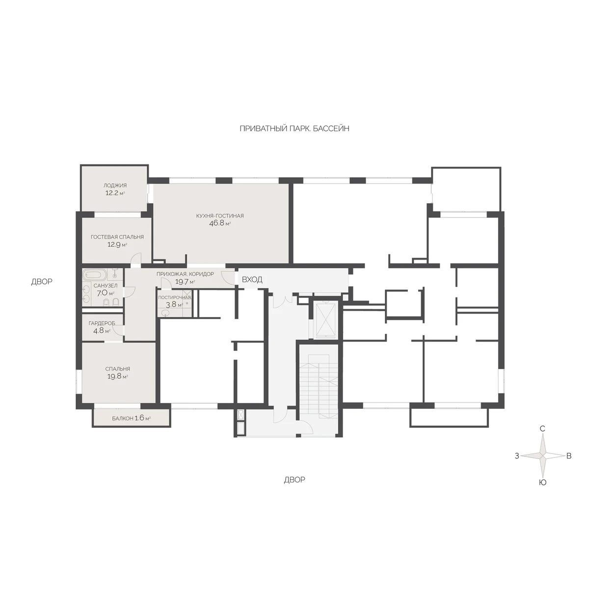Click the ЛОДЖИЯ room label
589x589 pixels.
click(x=115, y=185)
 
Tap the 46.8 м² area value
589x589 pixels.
click(x=220, y=223)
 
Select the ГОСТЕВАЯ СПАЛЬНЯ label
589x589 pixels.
click(x=117, y=237)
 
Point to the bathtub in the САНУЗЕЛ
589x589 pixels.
click(x=94, y=274)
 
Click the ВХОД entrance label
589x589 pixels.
click(x=252, y=279)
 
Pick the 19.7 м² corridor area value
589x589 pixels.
click(x=185, y=282)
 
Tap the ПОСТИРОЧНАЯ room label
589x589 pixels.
click(x=175, y=297)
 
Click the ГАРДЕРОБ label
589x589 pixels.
click(x=102, y=323)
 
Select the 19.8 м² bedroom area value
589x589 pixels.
click(x=117, y=376)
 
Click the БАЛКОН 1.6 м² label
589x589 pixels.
click(x=132, y=418)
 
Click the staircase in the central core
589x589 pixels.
click(x=319, y=387)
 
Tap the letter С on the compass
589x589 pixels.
click(x=542, y=428)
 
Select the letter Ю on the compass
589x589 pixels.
click(x=542, y=482)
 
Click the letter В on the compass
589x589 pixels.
click(x=569, y=455)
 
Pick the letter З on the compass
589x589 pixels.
click(x=517, y=456)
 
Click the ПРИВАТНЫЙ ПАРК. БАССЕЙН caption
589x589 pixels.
click(x=294, y=129)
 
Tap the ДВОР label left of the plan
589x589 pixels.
click(x=42, y=281)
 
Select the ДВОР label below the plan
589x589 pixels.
click(x=294, y=480)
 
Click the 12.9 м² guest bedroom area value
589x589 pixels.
click(x=117, y=244)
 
